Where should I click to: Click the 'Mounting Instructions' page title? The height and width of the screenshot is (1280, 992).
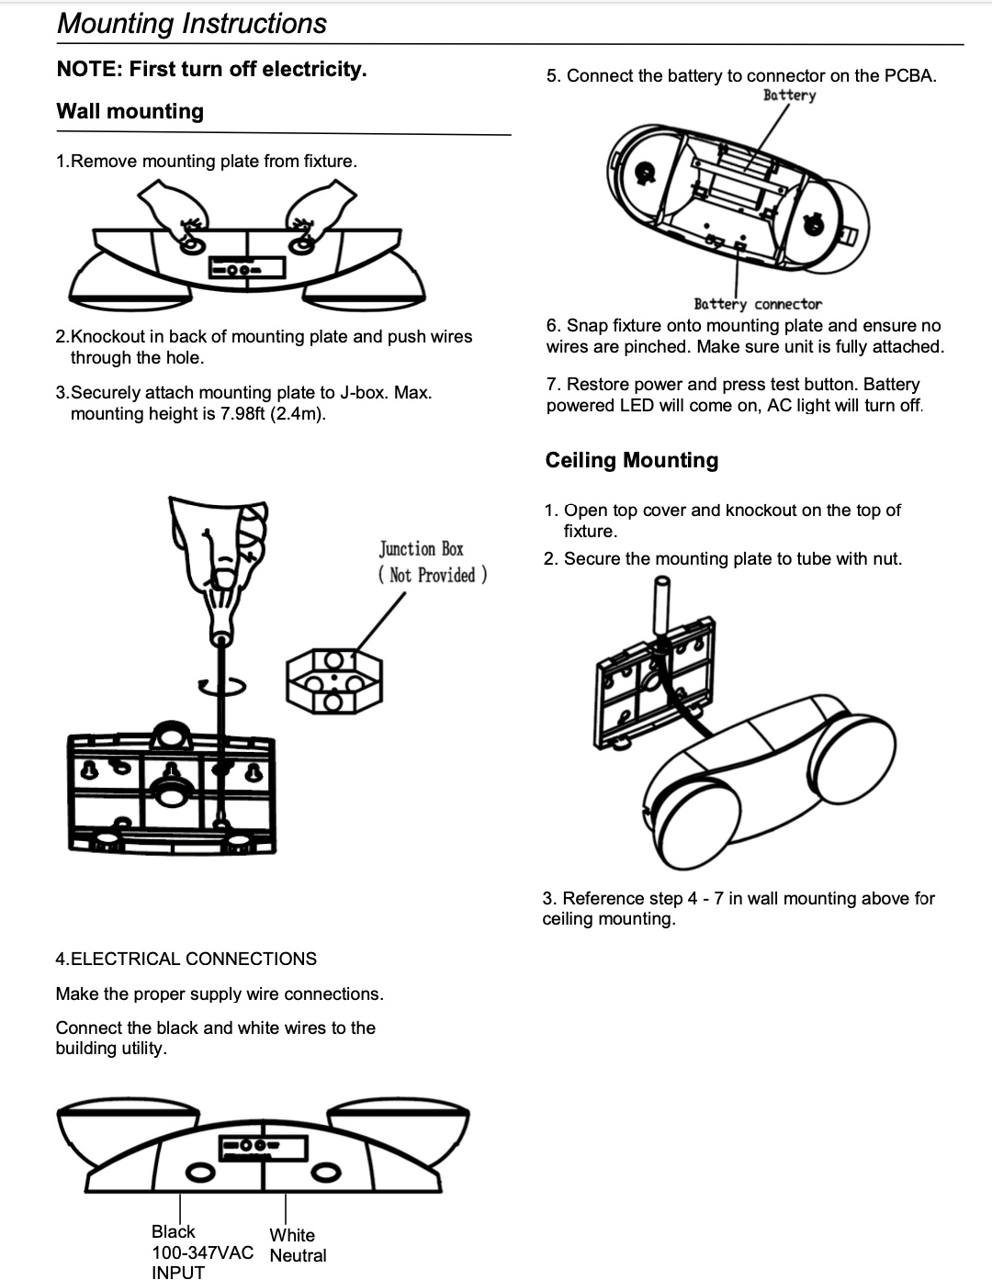[191, 23]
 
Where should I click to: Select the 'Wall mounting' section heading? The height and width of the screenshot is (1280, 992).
[130, 111]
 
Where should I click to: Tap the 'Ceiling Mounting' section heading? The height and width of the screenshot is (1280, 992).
[631, 460]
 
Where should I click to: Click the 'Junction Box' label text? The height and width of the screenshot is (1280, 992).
[422, 549]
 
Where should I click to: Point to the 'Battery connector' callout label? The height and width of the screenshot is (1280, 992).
[758, 304]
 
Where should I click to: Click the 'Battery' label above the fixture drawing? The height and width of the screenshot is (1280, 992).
[789, 95]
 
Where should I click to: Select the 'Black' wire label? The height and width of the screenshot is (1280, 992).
[173, 1231]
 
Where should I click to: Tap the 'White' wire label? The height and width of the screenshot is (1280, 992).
[292, 1235]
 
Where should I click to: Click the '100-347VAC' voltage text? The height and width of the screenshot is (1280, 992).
[202, 1252]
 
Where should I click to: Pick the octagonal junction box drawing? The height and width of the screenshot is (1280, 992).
[334, 680]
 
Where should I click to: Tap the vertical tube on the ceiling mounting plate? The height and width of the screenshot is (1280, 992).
[659, 605]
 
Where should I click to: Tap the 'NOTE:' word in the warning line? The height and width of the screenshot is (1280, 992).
[89, 69]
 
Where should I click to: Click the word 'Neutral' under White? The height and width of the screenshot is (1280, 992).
[298, 1255]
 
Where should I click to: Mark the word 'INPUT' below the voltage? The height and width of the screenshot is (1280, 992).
[178, 1272]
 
